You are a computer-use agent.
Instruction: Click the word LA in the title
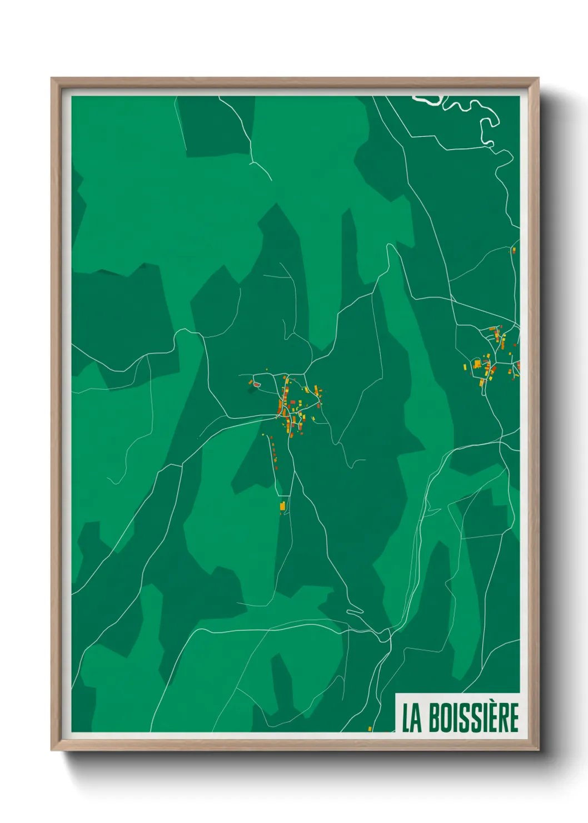pos(412,718)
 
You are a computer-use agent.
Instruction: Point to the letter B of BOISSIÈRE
pos(434,718)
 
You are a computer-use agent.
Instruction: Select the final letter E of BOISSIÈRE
pos(514,718)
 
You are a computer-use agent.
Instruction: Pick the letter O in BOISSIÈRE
pos(446,718)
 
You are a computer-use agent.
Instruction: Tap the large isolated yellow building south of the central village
pos(282,506)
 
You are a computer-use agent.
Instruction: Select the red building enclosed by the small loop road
pos(256,383)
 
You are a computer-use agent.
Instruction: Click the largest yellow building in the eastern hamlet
pos(477,364)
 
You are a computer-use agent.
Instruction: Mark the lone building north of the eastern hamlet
pos(514,250)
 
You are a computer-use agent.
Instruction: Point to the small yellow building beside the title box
pos(370,728)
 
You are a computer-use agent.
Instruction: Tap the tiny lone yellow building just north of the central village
pos(267,369)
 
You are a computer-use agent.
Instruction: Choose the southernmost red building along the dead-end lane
pos(276,468)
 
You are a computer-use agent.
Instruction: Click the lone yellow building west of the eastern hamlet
pos(465,366)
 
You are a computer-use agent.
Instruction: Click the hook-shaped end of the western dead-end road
pos(111,481)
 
